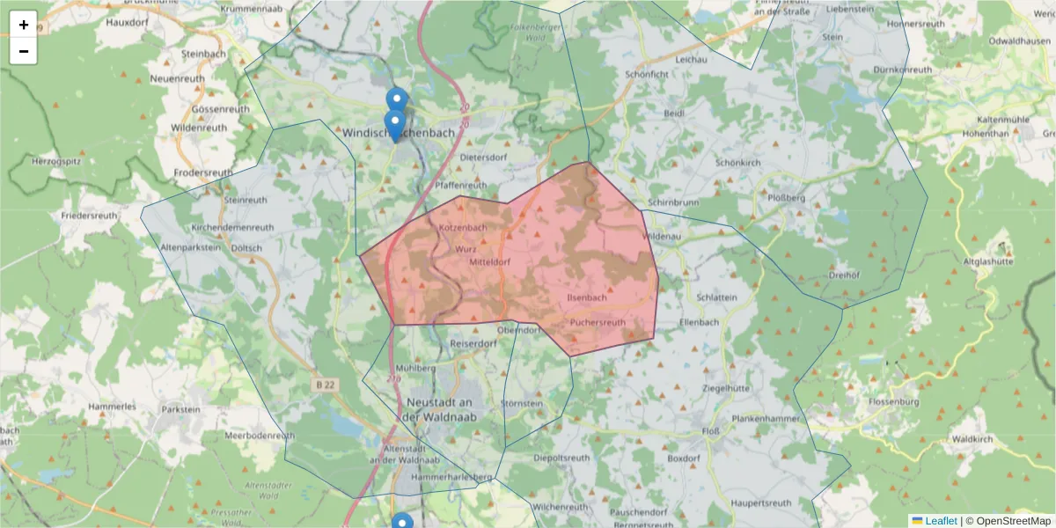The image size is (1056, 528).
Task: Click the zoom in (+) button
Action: coord(24,25)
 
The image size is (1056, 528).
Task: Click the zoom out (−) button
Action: coord(24,51)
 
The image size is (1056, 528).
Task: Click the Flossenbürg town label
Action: coord(893,402)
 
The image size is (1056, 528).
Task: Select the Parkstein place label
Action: coord(181,409)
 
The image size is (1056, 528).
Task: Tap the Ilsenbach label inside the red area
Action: coord(587,297)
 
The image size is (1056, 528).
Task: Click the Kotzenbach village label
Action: coord(463,228)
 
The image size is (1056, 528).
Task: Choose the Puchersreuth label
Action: coord(598,322)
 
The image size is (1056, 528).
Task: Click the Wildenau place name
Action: coord(663,237)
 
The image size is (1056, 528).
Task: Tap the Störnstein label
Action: coord(522,403)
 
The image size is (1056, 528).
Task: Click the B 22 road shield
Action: coord(326,385)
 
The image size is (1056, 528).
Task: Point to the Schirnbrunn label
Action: coord(673,202)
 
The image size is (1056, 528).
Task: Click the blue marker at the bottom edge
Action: coord(401,522)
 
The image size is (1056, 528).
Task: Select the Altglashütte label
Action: coord(989,261)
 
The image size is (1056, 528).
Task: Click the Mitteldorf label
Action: coord(490,262)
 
